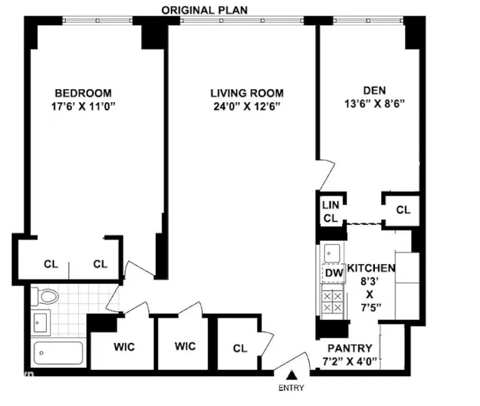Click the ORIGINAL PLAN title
[204, 10]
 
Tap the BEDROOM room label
[83, 93]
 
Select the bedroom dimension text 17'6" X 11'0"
[83, 106]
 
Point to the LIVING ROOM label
[247, 93]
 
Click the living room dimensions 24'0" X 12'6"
[247, 106]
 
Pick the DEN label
[374, 90]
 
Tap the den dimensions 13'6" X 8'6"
[374, 104]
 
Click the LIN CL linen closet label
[331, 211]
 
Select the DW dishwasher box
[334, 272]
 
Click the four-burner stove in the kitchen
[333, 302]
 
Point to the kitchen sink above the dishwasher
[332, 253]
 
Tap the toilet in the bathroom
[45, 296]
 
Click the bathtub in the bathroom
[58, 353]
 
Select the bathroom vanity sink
[40, 323]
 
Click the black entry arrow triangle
[292, 374]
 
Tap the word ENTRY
[291, 388]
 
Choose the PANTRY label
[350, 348]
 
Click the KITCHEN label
[371, 268]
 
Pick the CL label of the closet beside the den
[403, 210]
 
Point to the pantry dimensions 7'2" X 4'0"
[350, 362]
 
